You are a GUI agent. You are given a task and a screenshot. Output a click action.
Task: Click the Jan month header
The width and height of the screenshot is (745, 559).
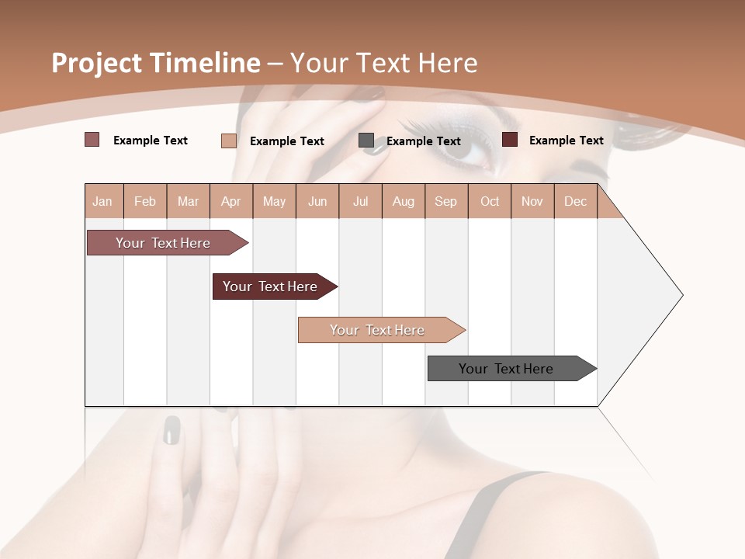pyautogui.click(x=103, y=201)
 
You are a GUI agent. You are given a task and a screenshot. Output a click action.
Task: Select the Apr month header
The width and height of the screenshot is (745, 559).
pyautogui.click(x=230, y=201)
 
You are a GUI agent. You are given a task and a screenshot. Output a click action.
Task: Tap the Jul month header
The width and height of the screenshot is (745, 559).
pyautogui.click(x=360, y=201)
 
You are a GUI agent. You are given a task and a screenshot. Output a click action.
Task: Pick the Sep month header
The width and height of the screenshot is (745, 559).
pyautogui.click(x=445, y=201)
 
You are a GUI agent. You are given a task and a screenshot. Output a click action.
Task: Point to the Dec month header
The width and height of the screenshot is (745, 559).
pyautogui.click(x=575, y=201)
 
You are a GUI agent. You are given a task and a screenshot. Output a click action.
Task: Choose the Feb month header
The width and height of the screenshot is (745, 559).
pyautogui.click(x=145, y=201)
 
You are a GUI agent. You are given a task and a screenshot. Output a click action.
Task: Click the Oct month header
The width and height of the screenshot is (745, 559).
pyautogui.click(x=490, y=201)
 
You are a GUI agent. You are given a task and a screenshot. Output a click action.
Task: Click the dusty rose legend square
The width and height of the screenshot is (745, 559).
pyautogui.click(x=92, y=140)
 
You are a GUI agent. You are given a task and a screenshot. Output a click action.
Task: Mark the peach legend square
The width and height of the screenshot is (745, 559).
pyautogui.click(x=229, y=141)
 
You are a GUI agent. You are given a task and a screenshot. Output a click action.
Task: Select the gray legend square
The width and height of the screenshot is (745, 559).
pyautogui.click(x=366, y=141)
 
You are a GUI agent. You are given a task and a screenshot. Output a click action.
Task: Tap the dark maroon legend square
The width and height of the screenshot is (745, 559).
pyautogui.click(x=510, y=140)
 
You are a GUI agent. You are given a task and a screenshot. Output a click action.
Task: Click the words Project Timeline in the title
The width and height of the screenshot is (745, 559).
pyautogui.click(x=156, y=63)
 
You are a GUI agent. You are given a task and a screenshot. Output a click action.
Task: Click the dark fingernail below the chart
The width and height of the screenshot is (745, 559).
pyautogui.click(x=172, y=430)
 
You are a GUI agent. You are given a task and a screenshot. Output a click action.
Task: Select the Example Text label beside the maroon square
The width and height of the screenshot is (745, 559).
pyautogui.click(x=567, y=140)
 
